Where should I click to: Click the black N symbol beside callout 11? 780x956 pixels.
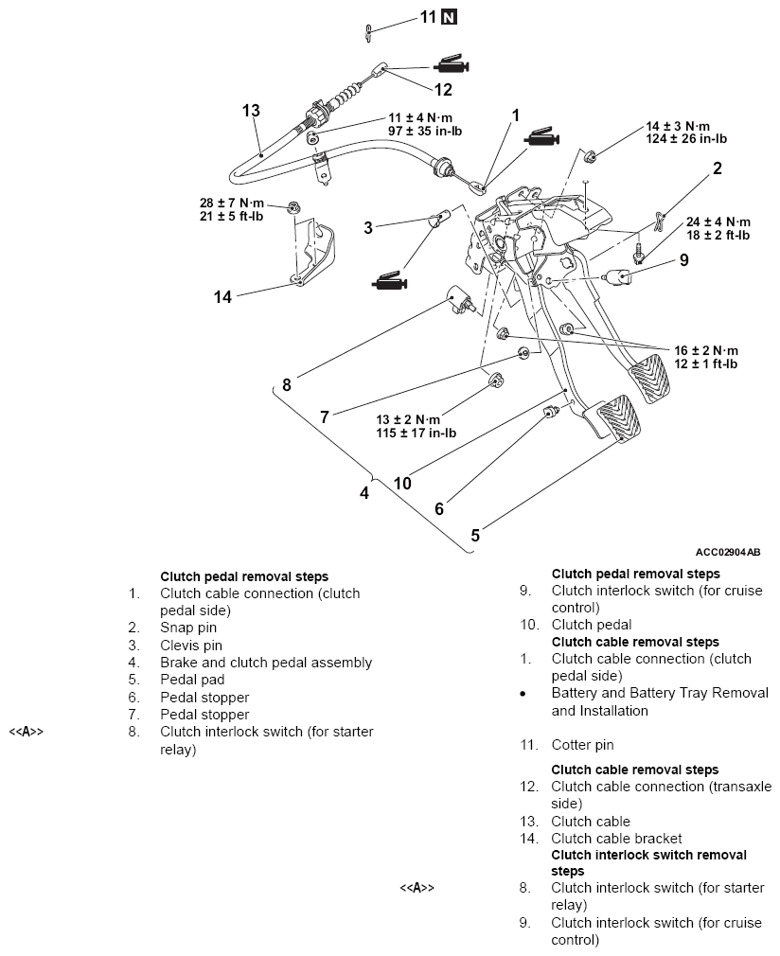click(x=449, y=17)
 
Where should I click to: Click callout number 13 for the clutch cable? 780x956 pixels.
click(x=251, y=111)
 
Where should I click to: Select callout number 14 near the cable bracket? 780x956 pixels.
click(x=222, y=297)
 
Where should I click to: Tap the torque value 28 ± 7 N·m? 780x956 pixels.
click(x=232, y=203)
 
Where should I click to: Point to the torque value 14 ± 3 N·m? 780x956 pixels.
click(x=678, y=126)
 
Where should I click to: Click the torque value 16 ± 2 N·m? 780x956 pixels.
click(x=706, y=350)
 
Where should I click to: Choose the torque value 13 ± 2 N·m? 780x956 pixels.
click(x=407, y=419)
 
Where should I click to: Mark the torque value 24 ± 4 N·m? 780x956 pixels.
click(x=718, y=221)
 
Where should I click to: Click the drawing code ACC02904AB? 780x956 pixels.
click(x=728, y=553)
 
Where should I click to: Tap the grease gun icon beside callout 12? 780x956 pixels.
click(x=452, y=64)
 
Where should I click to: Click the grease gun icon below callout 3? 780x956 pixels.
click(x=389, y=281)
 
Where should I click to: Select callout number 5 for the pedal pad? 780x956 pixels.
click(x=475, y=536)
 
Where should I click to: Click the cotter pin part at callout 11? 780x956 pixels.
click(x=368, y=33)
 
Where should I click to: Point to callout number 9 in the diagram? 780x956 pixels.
click(x=684, y=260)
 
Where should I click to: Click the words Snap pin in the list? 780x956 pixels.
click(x=188, y=628)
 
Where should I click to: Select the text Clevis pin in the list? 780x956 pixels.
click(x=191, y=645)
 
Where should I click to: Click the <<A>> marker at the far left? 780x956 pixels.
click(x=27, y=732)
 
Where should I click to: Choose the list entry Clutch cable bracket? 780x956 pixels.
click(x=616, y=839)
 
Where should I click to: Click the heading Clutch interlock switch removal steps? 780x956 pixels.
click(x=648, y=862)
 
